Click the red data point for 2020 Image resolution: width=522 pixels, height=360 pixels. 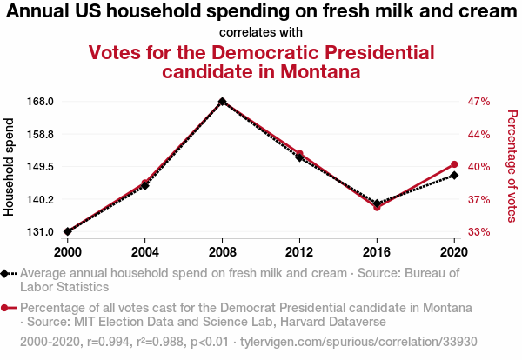point(454,164)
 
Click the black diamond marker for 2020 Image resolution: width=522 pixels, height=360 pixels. point(454,176)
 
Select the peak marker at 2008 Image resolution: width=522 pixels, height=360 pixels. point(223,102)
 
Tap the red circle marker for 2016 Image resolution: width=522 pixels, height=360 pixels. point(377,207)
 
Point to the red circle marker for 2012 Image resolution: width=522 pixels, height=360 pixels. point(299,154)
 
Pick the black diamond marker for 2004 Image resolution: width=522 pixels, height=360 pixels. point(145,186)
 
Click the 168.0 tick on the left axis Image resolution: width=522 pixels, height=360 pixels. point(41,102)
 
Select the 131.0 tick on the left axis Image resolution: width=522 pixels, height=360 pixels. point(41,232)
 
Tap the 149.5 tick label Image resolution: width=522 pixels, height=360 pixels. point(41,167)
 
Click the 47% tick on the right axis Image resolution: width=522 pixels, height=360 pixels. point(479,102)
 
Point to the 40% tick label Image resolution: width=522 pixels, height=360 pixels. point(479,167)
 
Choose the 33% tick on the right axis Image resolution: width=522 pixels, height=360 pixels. point(479,232)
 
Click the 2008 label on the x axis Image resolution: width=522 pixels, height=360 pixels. point(223,252)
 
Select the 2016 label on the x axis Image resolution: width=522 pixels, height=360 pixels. point(377,252)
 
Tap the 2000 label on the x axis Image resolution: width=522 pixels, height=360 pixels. point(68,252)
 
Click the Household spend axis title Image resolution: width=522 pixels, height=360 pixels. point(10,167)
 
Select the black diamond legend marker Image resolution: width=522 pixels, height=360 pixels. point(6,273)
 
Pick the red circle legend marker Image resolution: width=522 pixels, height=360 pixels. point(6,308)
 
